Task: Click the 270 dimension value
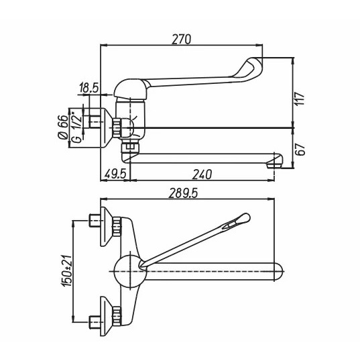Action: tap(182, 39)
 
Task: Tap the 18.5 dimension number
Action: tap(88, 88)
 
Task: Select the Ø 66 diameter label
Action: tap(63, 127)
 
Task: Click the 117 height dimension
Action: tap(300, 99)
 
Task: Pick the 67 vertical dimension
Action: tap(300, 150)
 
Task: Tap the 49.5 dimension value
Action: tap(115, 174)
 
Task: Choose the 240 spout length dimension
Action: tap(202, 174)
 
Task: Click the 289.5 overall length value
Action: tap(183, 193)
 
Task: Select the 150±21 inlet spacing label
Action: tap(66, 271)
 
